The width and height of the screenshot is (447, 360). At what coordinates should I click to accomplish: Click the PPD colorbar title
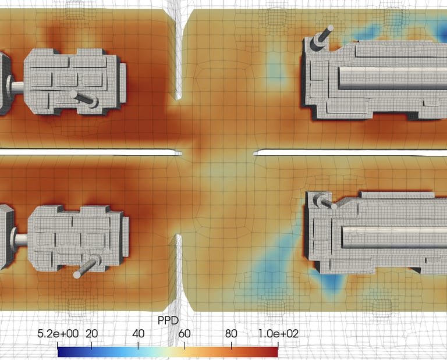click(x=168, y=320)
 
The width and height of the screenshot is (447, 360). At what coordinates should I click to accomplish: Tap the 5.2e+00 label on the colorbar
click(x=58, y=334)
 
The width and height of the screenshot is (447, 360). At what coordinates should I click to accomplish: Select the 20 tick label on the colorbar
click(x=91, y=334)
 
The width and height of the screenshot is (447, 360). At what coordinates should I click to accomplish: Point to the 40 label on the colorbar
click(x=139, y=334)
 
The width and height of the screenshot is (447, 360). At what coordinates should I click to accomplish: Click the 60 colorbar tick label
click(x=185, y=334)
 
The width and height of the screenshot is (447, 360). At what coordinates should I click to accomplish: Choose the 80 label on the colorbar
click(x=231, y=334)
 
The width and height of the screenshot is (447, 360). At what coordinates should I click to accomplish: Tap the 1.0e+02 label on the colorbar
click(x=278, y=334)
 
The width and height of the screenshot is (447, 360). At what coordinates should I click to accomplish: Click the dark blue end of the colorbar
click(x=59, y=352)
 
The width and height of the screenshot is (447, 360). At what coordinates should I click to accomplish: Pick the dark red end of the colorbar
click(x=276, y=352)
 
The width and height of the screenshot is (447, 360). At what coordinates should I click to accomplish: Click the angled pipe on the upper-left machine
click(x=84, y=98)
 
